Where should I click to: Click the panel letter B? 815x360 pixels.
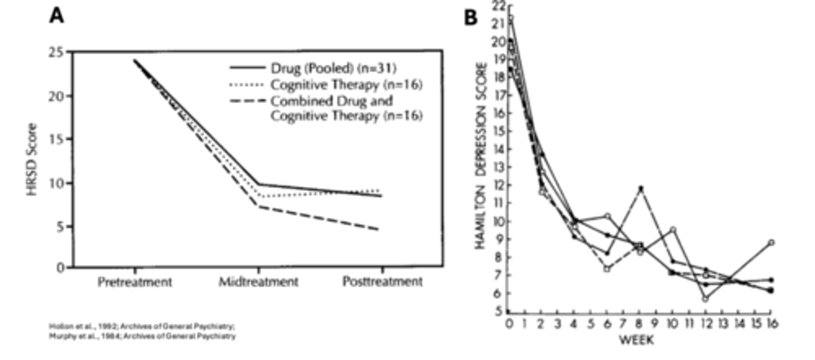tap(471, 18)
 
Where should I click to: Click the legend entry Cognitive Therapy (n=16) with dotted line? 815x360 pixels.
tap(346, 85)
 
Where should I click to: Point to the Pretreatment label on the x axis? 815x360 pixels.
tap(134, 281)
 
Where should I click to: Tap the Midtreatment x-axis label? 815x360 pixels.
tap(259, 281)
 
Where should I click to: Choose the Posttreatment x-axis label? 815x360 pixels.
tap(383, 281)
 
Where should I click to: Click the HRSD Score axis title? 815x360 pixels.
tap(33, 160)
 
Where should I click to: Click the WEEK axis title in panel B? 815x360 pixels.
tap(637, 340)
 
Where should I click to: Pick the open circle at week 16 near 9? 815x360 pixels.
tap(771, 242)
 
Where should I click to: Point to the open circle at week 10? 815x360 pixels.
tap(673, 230)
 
